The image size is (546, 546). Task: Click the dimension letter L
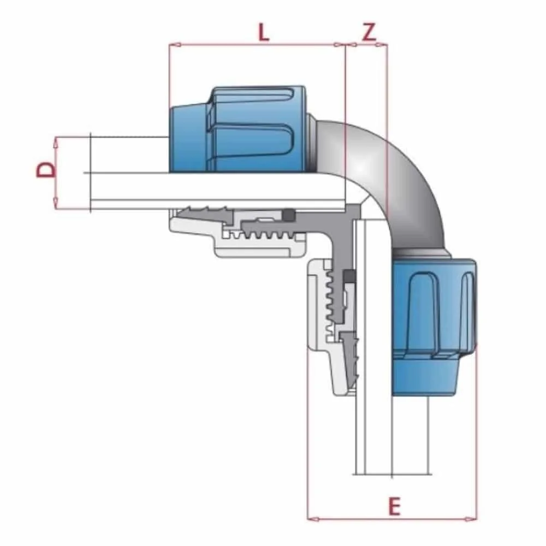(x=264, y=33)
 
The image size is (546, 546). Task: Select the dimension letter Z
(x=369, y=33)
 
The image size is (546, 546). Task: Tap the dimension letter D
(x=46, y=169)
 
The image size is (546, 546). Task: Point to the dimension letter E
(x=394, y=507)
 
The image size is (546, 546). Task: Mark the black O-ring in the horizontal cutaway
(x=288, y=216)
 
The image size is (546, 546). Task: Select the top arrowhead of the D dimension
(x=55, y=141)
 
